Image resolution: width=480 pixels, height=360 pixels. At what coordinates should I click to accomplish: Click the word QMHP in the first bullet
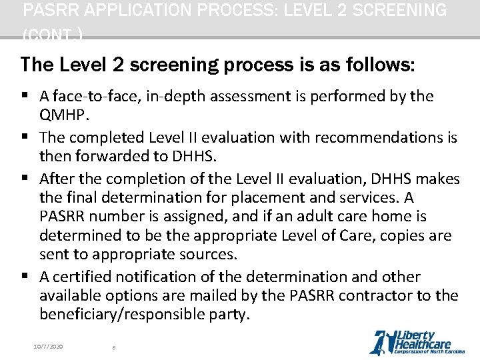(x=61, y=115)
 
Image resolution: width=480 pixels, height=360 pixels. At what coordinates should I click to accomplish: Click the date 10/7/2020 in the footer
(x=48, y=347)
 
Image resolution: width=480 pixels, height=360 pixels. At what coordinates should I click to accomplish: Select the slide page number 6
(x=114, y=347)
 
